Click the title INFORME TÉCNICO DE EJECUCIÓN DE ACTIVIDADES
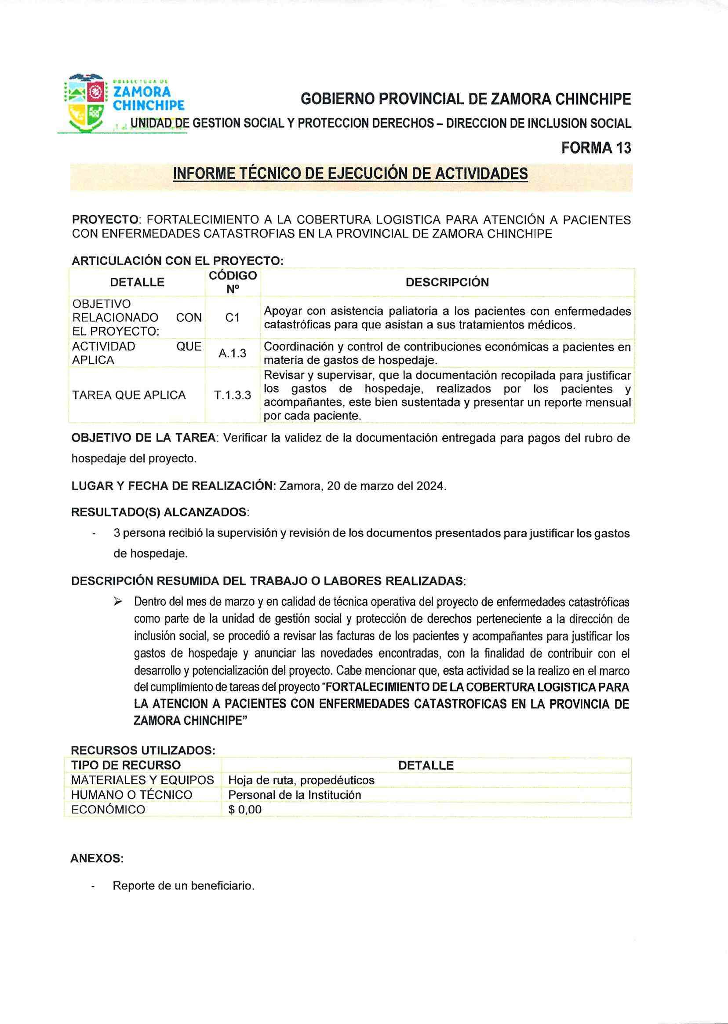[x=350, y=174]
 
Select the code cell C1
[x=232, y=318]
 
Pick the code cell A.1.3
[x=232, y=354]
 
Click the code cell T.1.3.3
[x=232, y=395]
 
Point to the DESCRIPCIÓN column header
[x=447, y=282]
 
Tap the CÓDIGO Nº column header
[x=232, y=282]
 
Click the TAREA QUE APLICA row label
[x=129, y=395]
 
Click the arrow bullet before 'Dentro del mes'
[x=119, y=601]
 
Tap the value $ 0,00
[x=245, y=810]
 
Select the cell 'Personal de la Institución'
[x=295, y=795]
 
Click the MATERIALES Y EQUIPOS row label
[x=142, y=780]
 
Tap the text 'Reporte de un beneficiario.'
[x=183, y=886]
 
